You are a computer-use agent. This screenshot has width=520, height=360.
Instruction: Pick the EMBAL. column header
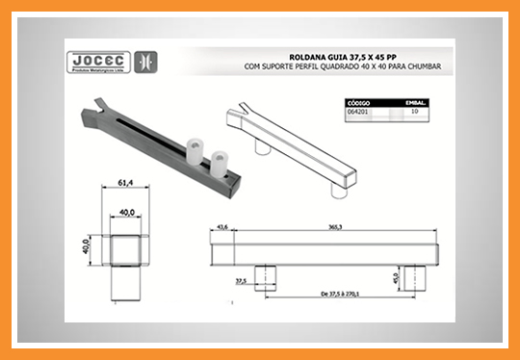pyautogui.click(x=413, y=102)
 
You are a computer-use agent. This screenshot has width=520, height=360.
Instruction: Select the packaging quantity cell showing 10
pyautogui.click(x=413, y=112)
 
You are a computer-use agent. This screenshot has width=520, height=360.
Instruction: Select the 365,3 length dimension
pyautogui.click(x=336, y=227)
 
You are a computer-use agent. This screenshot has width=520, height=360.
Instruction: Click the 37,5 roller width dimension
pyautogui.click(x=241, y=282)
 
